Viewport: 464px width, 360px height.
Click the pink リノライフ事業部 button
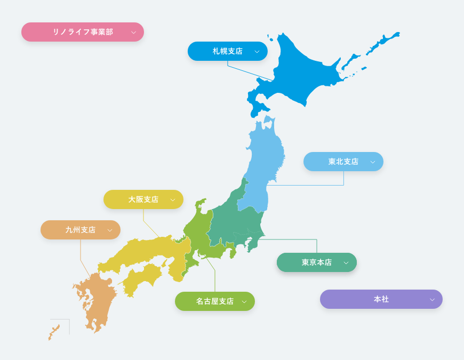(83, 32)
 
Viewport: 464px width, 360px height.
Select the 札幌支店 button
(227, 51)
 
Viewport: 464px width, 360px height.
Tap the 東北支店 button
(343, 162)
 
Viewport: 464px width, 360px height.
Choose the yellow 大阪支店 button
(143, 199)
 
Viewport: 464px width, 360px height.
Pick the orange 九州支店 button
(80, 230)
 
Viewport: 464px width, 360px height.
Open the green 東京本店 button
(316, 262)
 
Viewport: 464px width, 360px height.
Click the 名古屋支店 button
(214, 301)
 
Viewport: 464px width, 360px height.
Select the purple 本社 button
(381, 299)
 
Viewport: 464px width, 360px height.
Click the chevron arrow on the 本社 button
(432, 300)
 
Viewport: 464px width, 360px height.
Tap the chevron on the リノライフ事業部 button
(133, 33)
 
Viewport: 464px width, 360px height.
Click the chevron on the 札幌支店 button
(257, 52)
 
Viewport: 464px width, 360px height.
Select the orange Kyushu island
(96, 301)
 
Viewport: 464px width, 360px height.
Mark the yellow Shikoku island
(141, 277)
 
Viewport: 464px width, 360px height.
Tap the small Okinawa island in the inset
(53, 332)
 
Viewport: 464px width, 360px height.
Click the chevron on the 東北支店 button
(373, 162)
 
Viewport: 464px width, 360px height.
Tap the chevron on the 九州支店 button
(110, 230)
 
